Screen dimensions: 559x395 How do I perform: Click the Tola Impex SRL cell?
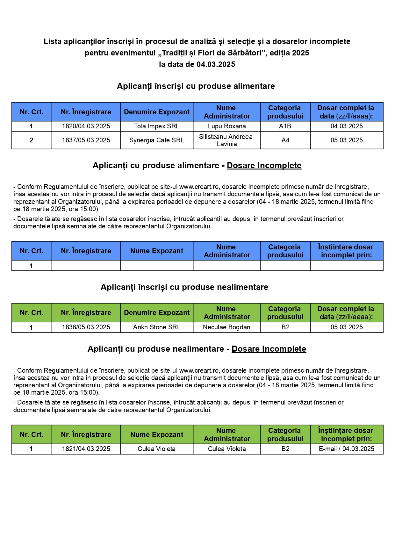pyautogui.click(x=157, y=126)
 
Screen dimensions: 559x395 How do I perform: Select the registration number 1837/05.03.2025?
pyautogui.click(x=86, y=140)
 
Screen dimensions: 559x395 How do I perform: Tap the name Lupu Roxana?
pyautogui.click(x=227, y=126)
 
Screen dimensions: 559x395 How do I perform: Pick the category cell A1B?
pyautogui.click(x=285, y=126)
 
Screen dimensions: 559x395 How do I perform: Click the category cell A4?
pyautogui.click(x=285, y=140)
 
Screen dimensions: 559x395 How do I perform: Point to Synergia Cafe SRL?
pyautogui.click(x=157, y=140)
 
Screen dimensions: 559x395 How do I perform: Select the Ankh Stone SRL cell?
pyautogui.click(x=157, y=327)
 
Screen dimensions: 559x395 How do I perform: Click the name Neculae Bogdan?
pyautogui.click(x=226, y=327)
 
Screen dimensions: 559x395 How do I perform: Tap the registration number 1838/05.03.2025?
pyautogui.click(x=86, y=327)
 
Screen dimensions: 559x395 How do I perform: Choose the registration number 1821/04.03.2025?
pyautogui.click(x=86, y=449)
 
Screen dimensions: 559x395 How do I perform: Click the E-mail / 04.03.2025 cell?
pyautogui.click(x=347, y=449)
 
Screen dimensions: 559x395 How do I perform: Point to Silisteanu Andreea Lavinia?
pyautogui.click(x=226, y=140)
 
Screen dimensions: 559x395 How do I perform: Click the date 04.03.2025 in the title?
pyautogui.click(x=216, y=64)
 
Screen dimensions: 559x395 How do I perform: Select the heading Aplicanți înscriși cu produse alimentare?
pyautogui.click(x=196, y=86)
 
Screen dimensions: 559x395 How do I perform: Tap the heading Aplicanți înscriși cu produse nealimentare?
pyautogui.click(x=184, y=287)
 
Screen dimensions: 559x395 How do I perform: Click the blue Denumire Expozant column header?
pyautogui.click(x=157, y=112)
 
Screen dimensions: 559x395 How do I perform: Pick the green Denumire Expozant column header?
pyautogui.click(x=157, y=312)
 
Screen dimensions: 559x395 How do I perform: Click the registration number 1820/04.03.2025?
pyautogui.click(x=86, y=126)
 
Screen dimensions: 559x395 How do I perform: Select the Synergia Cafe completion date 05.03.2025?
pyautogui.click(x=347, y=140)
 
